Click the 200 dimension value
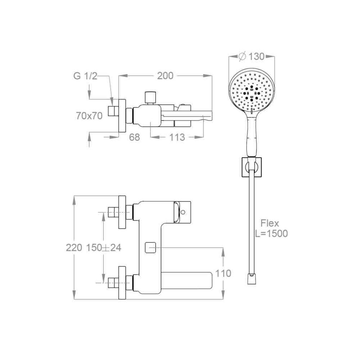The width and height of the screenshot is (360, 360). tap(165, 76)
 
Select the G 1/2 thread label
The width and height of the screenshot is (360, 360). tap(85, 76)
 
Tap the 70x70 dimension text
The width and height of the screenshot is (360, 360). tap(89, 116)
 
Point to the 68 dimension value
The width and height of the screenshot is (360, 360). tap(134, 137)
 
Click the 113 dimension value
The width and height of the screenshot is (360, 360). tap(177, 137)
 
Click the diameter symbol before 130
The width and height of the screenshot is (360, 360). tap(242, 57)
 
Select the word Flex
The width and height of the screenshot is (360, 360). tap(270, 223)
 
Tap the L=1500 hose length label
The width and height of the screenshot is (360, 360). tap(271, 234)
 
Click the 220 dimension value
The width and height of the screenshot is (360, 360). tap(74, 248)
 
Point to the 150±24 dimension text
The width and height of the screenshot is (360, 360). tap(103, 248)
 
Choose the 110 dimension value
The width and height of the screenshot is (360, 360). tap(223, 274)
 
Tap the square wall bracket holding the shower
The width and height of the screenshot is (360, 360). tap(252, 167)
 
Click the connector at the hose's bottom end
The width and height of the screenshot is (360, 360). tap(252, 279)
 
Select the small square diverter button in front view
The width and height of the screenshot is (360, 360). tap(150, 248)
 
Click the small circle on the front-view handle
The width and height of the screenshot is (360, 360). tap(183, 212)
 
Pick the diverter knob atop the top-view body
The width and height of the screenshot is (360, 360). tap(150, 98)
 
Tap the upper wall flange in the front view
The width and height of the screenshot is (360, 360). tap(122, 212)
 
